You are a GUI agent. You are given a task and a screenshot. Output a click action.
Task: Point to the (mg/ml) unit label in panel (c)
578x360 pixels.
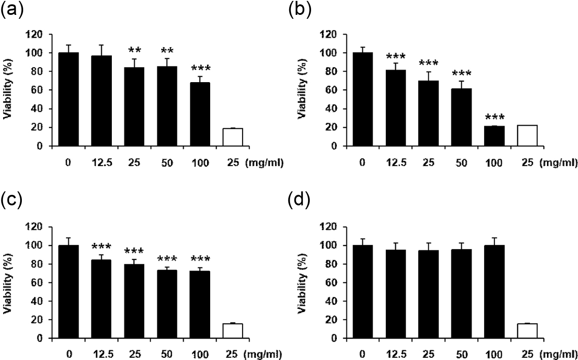(x=263, y=355)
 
